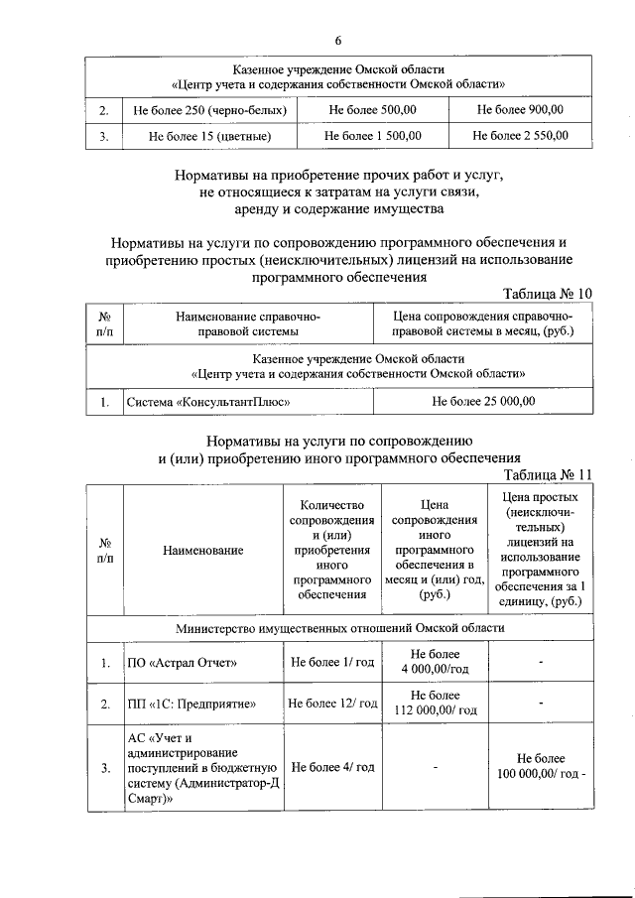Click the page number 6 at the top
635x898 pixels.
pyautogui.click(x=337, y=40)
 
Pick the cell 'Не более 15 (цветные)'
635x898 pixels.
pyautogui.click(x=210, y=137)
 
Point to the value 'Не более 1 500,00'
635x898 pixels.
pyautogui.click(x=373, y=137)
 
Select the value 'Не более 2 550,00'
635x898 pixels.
pyautogui.click(x=520, y=137)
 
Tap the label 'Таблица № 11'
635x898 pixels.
pyautogui.click(x=547, y=474)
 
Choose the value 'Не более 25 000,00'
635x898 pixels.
pyautogui.click(x=483, y=402)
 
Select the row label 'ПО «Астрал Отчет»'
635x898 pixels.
pyautogui.click(x=183, y=663)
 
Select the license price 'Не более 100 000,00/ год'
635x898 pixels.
pyautogui.click(x=541, y=767)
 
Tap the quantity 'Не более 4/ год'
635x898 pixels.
pyautogui.click(x=332, y=767)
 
